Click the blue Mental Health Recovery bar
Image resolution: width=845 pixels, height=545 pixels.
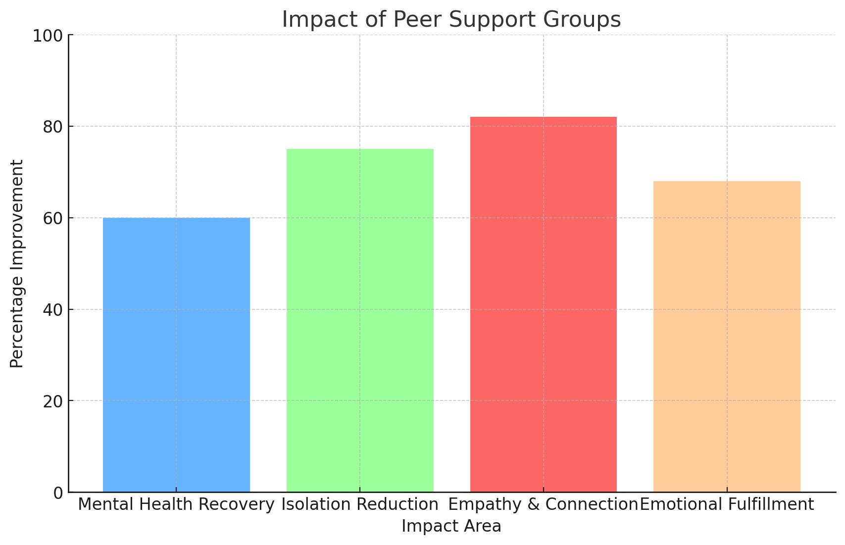(x=176, y=354)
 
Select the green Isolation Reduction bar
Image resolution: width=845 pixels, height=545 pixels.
(x=360, y=320)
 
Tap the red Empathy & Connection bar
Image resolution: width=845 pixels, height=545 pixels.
(x=543, y=304)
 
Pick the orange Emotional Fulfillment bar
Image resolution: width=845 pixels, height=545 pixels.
(x=727, y=336)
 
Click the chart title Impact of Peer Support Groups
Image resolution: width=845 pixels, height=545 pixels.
(x=451, y=20)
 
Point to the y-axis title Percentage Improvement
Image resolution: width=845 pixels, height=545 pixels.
(x=17, y=263)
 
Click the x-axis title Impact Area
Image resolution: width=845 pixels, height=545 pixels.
(x=451, y=526)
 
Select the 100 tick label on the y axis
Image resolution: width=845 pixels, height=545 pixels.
(x=48, y=35)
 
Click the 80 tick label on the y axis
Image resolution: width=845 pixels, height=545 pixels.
(x=52, y=127)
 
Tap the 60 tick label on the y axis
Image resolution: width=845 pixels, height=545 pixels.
(x=52, y=218)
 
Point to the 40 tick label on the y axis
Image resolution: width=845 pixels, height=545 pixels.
(x=52, y=310)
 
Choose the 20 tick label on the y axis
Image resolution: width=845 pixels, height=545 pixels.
(x=52, y=401)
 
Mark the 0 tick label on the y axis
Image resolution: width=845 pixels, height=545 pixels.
(x=58, y=493)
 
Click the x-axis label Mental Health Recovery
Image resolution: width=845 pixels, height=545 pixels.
(x=176, y=505)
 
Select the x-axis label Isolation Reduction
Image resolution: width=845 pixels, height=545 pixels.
(x=360, y=505)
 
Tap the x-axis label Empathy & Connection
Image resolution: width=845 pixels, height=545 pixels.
(x=543, y=505)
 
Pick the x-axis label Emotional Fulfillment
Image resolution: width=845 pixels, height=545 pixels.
(x=727, y=505)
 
